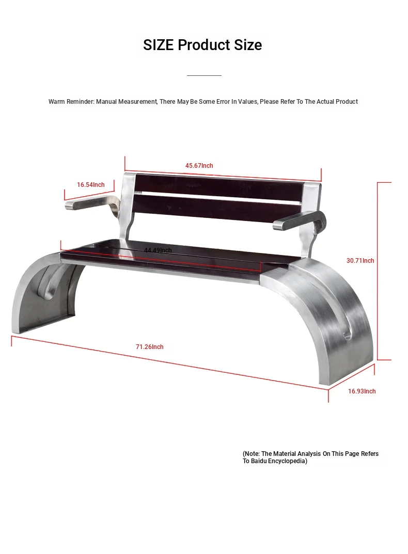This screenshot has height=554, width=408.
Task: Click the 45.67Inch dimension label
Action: click(x=199, y=165)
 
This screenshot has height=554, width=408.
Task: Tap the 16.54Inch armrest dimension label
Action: click(x=91, y=184)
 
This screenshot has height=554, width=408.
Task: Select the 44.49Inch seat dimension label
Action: click(x=158, y=250)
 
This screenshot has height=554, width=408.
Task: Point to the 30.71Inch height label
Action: click(x=360, y=260)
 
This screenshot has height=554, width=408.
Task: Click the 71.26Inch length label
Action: click(x=150, y=346)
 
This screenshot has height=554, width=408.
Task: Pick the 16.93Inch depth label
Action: click(x=362, y=391)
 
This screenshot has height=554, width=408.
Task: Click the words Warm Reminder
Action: click(x=71, y=101)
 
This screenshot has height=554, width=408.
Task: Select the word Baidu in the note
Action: click(x=258, y=461)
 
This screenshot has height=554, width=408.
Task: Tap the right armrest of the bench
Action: click(x=300, y=221)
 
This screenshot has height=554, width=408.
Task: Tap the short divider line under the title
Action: click(x=204, y=75)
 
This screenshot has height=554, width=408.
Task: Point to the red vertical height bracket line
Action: click(x=378, y=271)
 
